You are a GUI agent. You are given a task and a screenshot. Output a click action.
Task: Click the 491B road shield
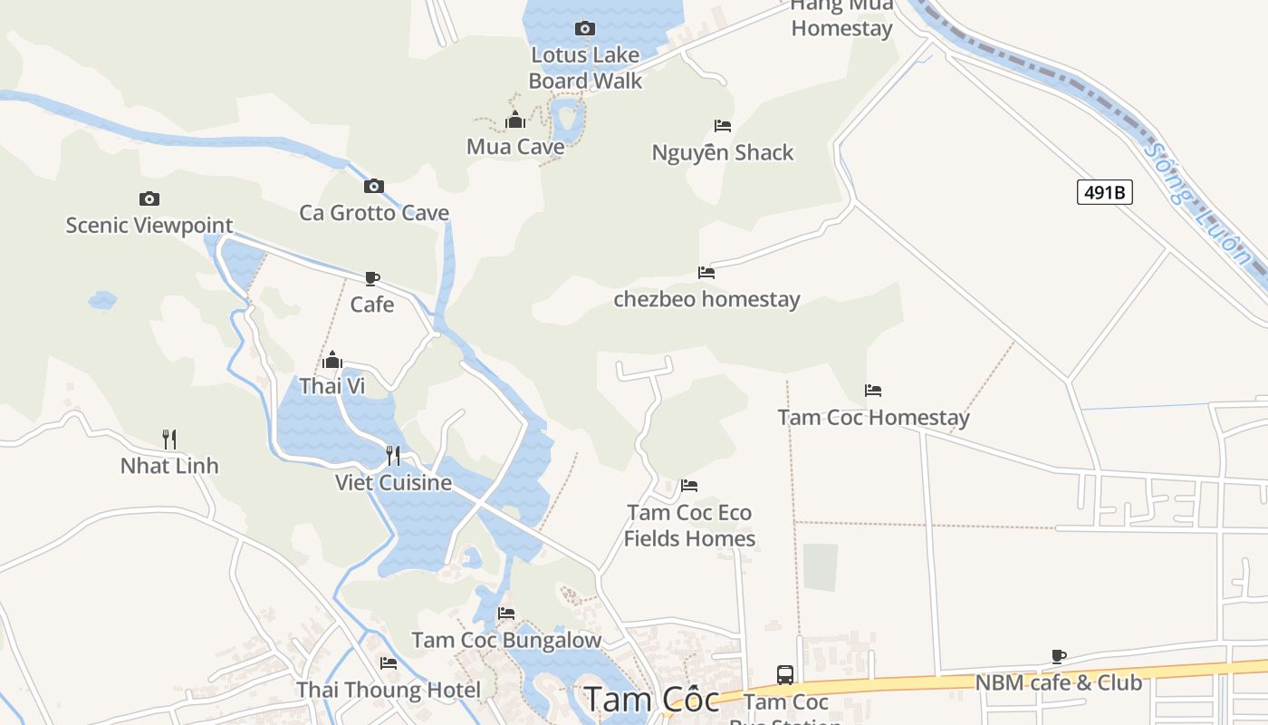tap(1104, 192)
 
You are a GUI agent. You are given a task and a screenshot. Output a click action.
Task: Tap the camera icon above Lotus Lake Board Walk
tap(585, 28)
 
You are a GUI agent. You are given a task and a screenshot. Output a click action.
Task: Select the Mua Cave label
tap(515, 146)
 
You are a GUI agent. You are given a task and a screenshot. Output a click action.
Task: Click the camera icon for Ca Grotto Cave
tap(373, 186)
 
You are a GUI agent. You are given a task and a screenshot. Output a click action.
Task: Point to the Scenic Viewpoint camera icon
tap(149, 198)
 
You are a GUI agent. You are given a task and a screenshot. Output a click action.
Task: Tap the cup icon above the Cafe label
tap(371, 278)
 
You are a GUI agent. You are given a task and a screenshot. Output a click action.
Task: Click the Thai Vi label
tap(332, 386)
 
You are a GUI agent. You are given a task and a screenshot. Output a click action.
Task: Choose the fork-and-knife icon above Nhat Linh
tap(169, 440)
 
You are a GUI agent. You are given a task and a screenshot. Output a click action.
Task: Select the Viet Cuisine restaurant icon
tap(393, 455)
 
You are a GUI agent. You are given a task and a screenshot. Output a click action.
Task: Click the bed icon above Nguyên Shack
tap(722, 126)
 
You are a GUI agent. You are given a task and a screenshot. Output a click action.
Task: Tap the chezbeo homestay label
tap(706, 299)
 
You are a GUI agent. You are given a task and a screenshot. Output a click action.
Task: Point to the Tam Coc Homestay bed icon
tap(873, 391)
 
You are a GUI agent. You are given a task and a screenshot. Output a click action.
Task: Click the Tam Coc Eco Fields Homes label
tap(689, 526)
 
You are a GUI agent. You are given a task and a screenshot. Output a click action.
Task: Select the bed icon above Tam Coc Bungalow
tap(506, 614)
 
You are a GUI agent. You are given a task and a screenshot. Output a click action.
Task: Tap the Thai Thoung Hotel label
tap(389, 690)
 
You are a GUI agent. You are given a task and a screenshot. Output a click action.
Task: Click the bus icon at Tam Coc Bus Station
tap(785, 675)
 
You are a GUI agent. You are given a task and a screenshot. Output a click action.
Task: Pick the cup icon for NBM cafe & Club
tap(1058, 656)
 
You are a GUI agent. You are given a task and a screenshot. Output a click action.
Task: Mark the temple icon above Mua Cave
tap(515, 120)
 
